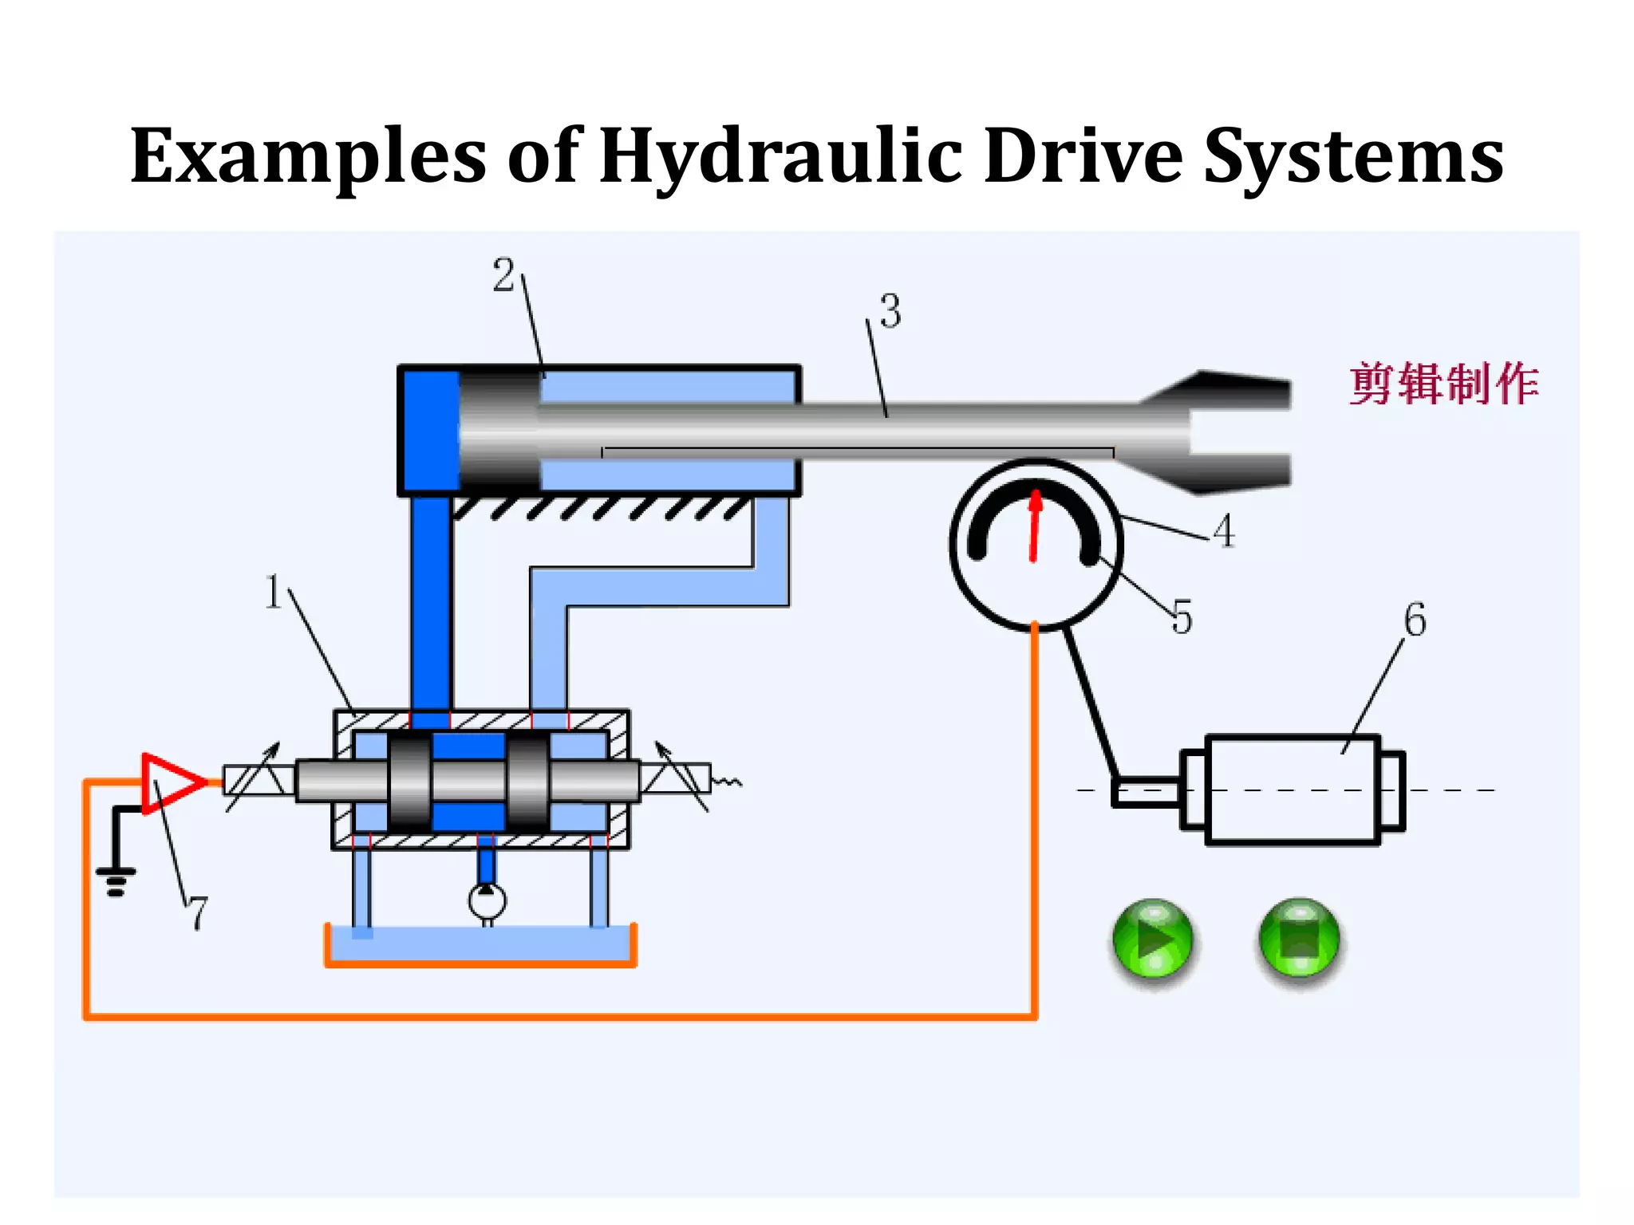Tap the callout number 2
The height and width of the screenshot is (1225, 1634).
click(503, 276)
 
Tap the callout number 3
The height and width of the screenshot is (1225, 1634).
click(890, 311)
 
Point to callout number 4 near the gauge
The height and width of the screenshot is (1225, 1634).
click(1224, 530)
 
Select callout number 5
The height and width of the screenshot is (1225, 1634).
click(1182, 617)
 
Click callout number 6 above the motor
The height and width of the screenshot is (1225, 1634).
click(1415, 620)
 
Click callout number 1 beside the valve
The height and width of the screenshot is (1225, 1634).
click(273, 592)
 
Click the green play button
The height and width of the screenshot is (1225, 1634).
click(1153, 939)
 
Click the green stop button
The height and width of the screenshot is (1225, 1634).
click(1300, 939)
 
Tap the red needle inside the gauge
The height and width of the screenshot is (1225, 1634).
click(1035, 526)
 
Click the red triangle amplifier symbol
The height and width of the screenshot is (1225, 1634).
click(169, 782)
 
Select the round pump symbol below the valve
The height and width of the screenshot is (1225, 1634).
click(487, 901)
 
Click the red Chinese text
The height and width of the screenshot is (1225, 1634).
click(1443, 384)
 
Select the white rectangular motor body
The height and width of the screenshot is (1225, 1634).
click(1293, 789)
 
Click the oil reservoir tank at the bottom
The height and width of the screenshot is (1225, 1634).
click(480, 946)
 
